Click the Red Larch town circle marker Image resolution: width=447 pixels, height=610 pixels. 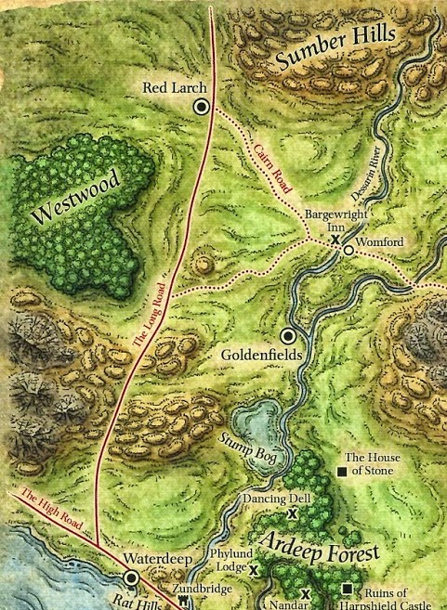[200, 108]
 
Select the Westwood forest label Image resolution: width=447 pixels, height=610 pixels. [72, 200]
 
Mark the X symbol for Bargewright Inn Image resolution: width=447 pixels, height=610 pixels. [334, 240]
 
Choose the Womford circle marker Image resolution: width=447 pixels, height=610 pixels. [347, 250]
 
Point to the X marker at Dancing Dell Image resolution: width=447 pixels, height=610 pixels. [292, 513]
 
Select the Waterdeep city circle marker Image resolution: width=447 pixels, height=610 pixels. [132, 578]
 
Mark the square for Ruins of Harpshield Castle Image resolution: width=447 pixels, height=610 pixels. [347, 587]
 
